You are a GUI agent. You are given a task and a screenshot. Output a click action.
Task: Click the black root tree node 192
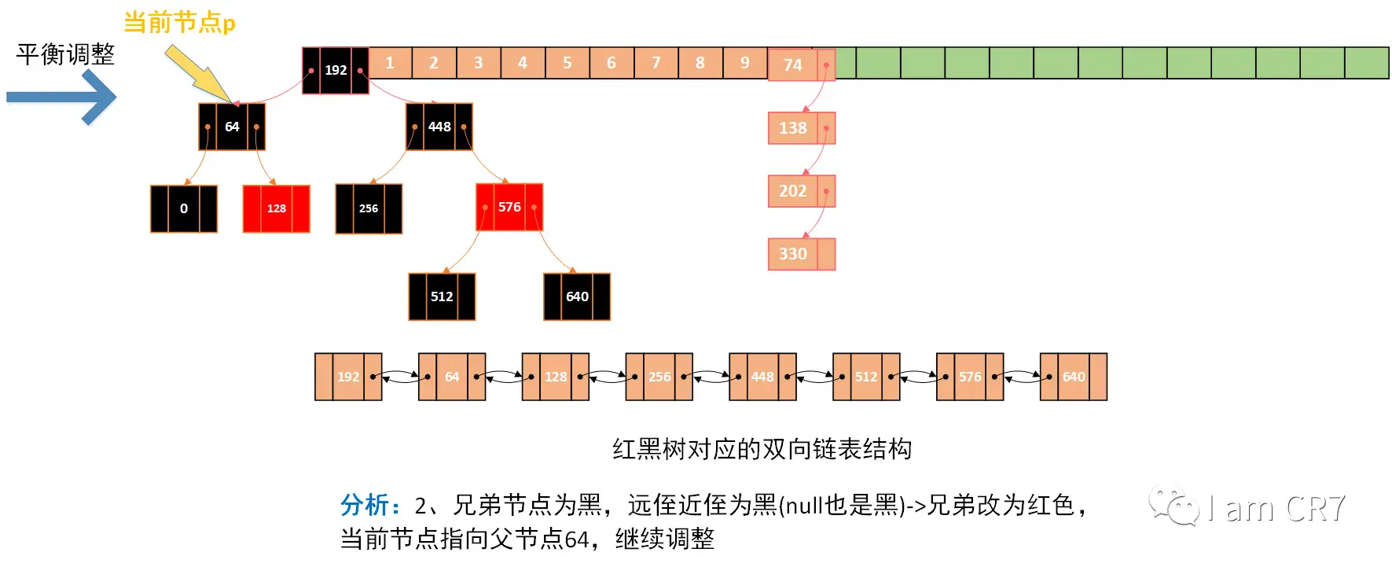(x=336, y=70)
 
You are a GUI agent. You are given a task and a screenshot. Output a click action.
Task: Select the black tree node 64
(x=232, y=127)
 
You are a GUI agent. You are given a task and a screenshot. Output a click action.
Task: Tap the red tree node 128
(x=276, y=208)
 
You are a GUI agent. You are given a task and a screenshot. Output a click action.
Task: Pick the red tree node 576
(x=509, y=207)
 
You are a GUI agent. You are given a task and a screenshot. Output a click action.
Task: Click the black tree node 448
(x=439, y=127)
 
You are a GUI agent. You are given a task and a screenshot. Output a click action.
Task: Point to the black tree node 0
(x=184, y=208)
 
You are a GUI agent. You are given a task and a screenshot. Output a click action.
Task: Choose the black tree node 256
(x=369, y=208)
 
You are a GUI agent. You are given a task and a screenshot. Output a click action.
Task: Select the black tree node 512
(x=442, y=296)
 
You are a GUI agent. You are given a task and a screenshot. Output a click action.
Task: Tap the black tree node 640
(x=577, y=296)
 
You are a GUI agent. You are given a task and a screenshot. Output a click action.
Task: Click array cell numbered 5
(x=567, y=63)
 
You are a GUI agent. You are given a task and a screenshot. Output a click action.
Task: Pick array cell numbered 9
(x=744, y=63)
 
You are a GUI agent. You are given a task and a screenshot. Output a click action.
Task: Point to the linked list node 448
(x=762, y=377)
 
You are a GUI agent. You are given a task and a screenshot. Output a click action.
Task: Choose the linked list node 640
(x=1074, y=377)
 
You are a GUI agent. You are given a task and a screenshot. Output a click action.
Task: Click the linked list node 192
(x=348, y=377)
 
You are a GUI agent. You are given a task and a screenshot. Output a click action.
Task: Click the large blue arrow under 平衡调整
(x=63, y=98)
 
